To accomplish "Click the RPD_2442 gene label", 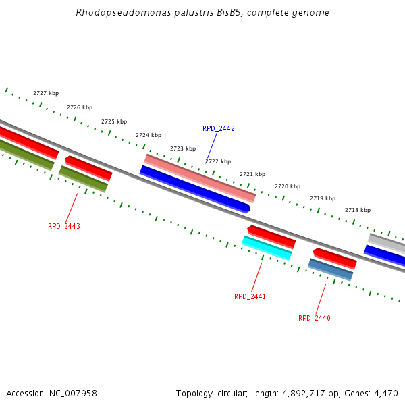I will [219, 128].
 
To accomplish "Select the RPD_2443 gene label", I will [64, 226].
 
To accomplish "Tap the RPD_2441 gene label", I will [250, 296].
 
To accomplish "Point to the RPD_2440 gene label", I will [315, 318].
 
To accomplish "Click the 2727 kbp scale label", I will [46, 93].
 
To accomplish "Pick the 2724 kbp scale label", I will [148, 135].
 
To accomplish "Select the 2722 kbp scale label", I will [218, 161].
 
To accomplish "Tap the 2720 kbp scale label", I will [288, 186].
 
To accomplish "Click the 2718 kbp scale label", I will [358, 210].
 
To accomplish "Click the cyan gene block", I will [267, 248].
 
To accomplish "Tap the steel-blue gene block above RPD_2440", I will [331, 269].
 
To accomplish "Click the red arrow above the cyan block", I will [271, 236].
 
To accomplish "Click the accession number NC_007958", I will [73, 393].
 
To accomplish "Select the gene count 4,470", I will [385, 393].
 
